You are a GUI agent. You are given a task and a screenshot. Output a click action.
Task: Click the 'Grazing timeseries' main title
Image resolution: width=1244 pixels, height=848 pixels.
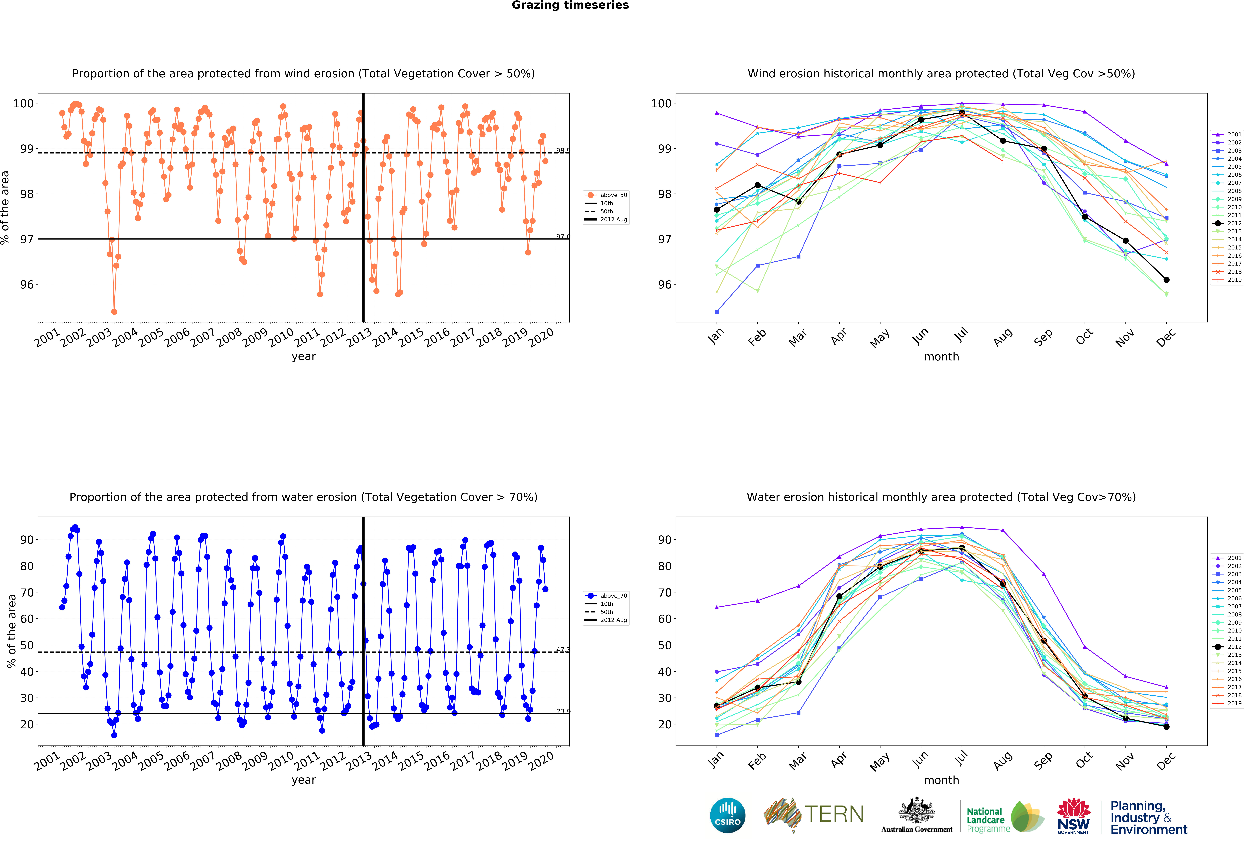click(570, 5)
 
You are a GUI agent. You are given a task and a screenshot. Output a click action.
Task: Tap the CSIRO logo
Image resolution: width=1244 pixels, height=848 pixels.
click(727, 815)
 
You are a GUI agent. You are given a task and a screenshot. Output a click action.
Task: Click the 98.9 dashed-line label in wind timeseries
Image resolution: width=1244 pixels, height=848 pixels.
click(563, 150)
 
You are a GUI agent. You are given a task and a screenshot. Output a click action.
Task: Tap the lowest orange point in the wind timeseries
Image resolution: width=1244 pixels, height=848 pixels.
click(114, 312)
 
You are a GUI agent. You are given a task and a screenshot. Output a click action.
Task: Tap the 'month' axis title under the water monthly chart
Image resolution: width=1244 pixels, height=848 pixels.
click(941, 780)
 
